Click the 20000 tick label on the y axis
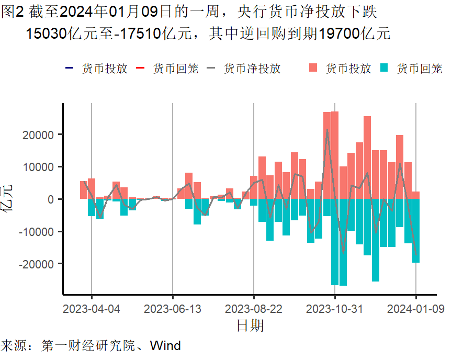pos(39,134)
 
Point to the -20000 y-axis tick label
pos(37,264)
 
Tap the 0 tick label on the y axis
pos(50,199)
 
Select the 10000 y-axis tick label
pos(39,167)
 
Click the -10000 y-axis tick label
pos(37,231)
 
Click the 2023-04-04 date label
pos(92,309)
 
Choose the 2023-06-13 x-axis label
pos(173,309)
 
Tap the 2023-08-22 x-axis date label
pos(254,309)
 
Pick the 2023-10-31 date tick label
pos(335,309)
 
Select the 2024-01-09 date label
pos(416,309)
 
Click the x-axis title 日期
pos(250,326)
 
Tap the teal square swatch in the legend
pos(385,68)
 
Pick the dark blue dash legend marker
pos(69,68)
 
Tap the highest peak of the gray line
pos(327,130)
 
